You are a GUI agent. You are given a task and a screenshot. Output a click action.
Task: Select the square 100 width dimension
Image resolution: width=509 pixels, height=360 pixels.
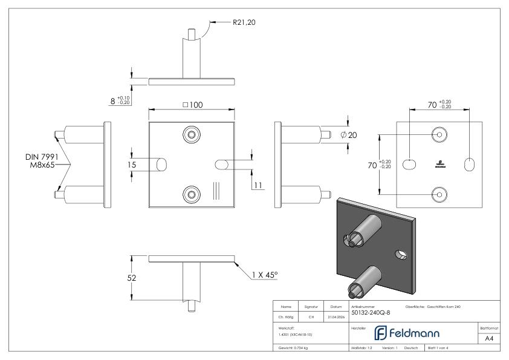193,105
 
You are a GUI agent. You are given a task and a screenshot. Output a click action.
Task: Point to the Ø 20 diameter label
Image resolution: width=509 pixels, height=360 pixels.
349,134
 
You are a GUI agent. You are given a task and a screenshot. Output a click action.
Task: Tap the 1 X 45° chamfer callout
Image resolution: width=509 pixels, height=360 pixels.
264,275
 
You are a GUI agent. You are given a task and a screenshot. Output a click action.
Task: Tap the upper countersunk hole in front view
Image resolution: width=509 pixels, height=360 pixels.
192,134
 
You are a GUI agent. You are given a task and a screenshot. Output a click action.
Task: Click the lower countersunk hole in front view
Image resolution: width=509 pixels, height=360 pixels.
192,194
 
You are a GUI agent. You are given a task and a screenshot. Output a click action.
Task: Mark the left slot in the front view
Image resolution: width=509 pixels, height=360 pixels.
162,164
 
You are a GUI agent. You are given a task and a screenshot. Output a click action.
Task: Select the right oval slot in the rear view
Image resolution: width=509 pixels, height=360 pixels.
469,164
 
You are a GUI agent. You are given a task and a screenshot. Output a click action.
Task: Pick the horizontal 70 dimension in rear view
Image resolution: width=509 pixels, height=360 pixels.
439,104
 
